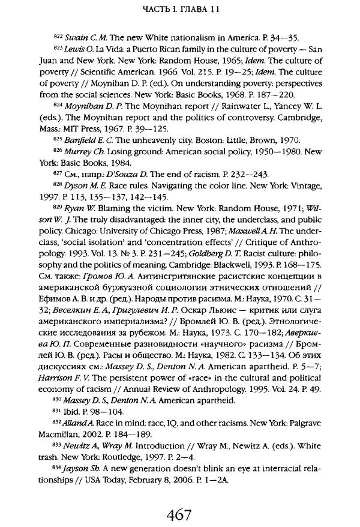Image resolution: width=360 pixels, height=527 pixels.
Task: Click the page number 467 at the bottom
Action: pyautogui.click(x=179, y=497)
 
